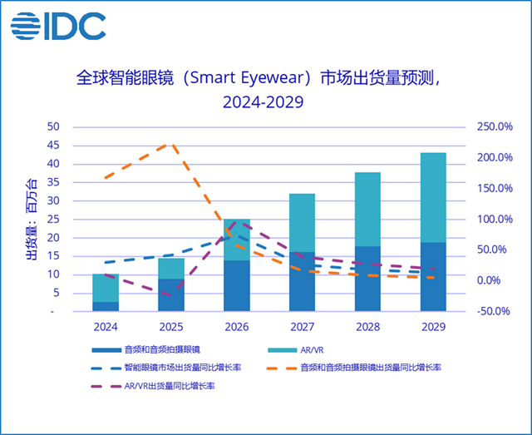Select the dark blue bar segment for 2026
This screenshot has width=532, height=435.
click(236, 286)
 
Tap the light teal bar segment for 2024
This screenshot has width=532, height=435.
click(105, 288)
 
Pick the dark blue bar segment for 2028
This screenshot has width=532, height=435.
click(367, 279)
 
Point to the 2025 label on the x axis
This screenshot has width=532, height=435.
click(170, 327)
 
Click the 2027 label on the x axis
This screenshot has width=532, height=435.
click(302, 327)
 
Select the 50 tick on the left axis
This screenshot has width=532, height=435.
click(52, 127)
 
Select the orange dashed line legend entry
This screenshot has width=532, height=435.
click(357, 367)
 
